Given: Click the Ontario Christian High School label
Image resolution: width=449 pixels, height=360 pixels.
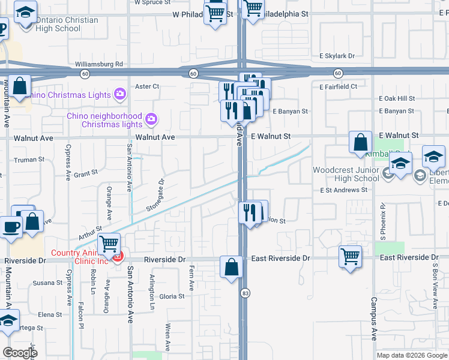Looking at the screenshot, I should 67,25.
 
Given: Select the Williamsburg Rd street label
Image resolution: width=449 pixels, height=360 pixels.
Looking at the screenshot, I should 99,64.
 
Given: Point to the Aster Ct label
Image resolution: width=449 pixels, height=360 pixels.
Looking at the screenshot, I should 147,86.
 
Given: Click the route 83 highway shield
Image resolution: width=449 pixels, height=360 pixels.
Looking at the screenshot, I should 246,293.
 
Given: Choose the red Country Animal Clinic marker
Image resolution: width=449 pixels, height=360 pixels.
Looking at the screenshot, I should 118,257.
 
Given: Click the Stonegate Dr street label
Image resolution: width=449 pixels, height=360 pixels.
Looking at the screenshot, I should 155,195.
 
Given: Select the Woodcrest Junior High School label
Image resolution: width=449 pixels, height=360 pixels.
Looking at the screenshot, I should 346,174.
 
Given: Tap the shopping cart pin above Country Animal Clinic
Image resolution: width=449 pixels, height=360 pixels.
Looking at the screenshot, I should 109,244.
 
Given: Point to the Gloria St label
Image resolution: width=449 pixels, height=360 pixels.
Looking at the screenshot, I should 172,296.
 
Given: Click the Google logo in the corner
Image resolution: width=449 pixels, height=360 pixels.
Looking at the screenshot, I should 20,353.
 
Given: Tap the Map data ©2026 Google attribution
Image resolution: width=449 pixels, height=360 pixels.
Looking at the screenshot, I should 411,355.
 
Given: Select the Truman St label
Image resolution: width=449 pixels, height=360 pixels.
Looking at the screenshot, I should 29,160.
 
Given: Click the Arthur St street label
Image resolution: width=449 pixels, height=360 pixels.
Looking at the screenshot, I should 90,230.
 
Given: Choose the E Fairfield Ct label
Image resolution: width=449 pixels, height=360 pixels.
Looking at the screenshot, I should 339,86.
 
